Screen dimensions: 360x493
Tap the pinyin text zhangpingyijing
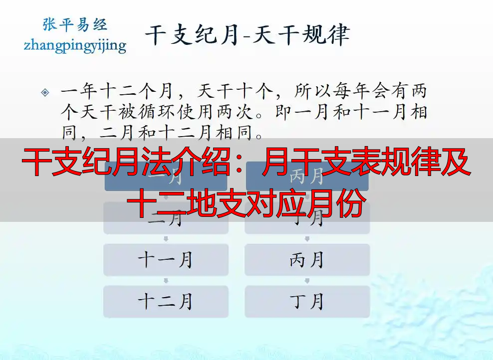coord(75,45)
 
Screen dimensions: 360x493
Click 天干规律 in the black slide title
coord(301,35)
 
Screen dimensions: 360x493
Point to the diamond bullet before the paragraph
coord(45,92)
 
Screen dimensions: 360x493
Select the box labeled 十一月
coord(166,260)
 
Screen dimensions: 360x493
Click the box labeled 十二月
coord(166,301)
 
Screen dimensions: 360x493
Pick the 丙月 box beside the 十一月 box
coord(307,260)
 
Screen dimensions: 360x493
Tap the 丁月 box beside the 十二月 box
coord(307,301)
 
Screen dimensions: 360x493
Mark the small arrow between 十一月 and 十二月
coord(166,281)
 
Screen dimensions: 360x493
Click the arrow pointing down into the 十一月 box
coord(166,239)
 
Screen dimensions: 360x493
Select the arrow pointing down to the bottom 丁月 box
coord(307,281)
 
